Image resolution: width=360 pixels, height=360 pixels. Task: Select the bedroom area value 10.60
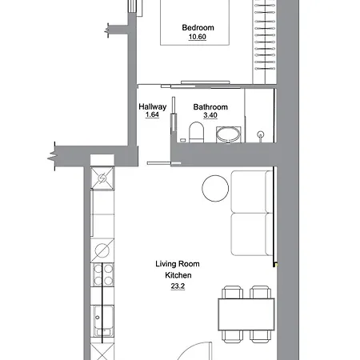tap(197, 37)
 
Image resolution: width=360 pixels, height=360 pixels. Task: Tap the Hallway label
tap(152, 106)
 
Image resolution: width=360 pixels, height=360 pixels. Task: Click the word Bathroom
tap(210, 106)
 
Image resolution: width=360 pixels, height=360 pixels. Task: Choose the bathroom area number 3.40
tap(210, 116)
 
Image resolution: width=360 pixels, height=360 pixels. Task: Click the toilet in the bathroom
tap(195, 133)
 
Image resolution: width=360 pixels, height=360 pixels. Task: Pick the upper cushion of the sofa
tap(252, 191)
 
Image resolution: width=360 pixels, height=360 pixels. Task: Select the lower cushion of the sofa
tap(252, 233)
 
